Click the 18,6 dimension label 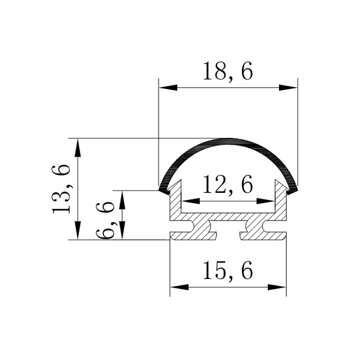pyautogui.click(x=228, y=71)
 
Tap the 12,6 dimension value pyautogui.click(x=228, y=184)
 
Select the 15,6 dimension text pyautogui.click(x=228, y=270)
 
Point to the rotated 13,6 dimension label pyautogui.click(x=60, y=190)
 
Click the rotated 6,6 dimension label pyautogui.click(x=105, y=220)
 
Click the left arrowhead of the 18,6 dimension pyautogui.click(x=168, y=88)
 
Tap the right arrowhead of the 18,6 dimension pyautogui.click(x=288, y=88)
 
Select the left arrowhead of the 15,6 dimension pyautogui.click(x=179, y=287)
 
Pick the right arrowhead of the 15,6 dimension pyautogui.click(x=277, y=287)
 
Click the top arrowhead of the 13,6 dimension pyautogui.click(x=78, y=147)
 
